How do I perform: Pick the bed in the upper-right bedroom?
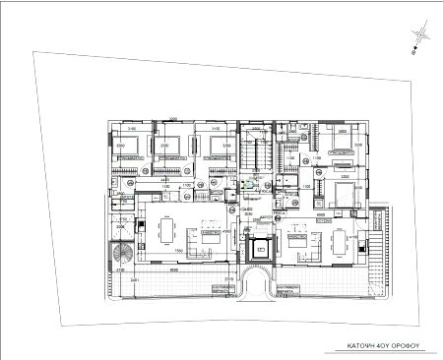[341, 143]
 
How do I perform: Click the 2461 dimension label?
[135, 280]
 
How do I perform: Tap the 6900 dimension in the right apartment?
[319, 213]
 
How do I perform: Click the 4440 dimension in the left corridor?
[164, 181]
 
